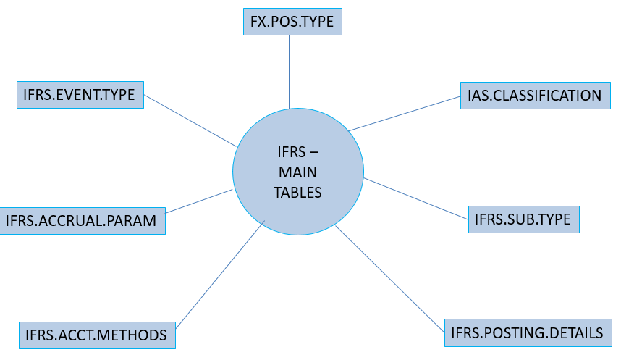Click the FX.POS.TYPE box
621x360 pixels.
tap(291, 22)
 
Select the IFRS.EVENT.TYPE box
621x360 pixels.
tap(80, 95)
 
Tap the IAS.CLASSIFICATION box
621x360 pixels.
tap(535, 96)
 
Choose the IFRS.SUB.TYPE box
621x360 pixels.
tap(524, 218)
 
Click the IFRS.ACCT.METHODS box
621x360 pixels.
tap(96, 335)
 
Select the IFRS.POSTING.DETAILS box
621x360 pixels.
tap(527, 333)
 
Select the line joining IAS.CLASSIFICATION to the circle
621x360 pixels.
tap(405, 113)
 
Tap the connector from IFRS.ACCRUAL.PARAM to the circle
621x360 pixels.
tap(199, 201)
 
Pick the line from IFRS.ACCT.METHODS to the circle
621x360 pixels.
tap(219, 274)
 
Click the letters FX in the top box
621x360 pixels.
tap(258, 22)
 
